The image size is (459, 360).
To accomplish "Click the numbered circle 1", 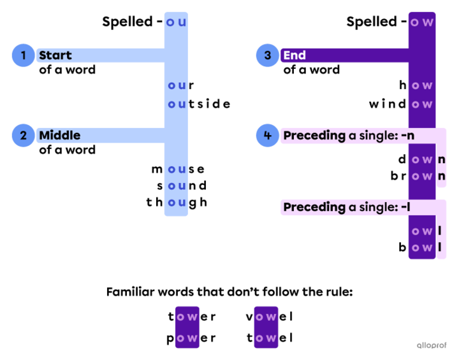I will (x=23, y=55).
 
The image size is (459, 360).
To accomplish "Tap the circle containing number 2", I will (x=23, y=135).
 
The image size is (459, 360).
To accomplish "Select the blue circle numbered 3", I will (x=267, y=55).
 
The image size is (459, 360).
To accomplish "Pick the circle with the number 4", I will (x=267, y=135).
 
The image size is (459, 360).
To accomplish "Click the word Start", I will (x=55, y=55).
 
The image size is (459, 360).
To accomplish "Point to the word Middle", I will (x=59, y=135).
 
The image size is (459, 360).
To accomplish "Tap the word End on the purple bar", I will (x=295, y=55).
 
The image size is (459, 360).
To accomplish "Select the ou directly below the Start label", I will (x=177, y=85).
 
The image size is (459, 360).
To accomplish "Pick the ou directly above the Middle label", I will (x=177, y=104).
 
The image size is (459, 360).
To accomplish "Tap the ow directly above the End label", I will (x=421, y=22).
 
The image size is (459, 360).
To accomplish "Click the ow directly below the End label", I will (x=421, y=85).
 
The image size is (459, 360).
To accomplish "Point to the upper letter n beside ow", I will (x=441, y=160).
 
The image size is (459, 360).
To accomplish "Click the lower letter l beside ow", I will (x=441, y=247).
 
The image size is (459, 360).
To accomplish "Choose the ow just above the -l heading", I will (x=421, y=176).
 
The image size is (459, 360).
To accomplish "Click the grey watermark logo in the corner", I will (x=432, y=345).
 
